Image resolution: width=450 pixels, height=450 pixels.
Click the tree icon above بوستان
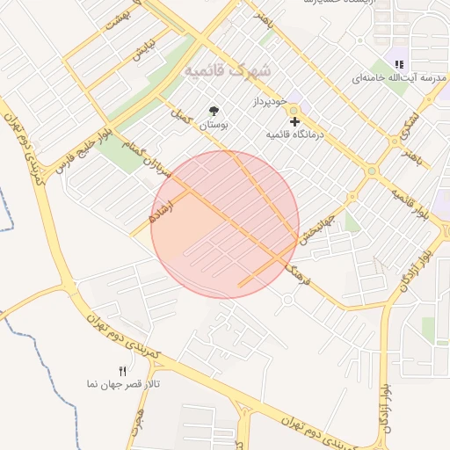(213, 111)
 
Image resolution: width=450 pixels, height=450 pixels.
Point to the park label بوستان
(213, 126)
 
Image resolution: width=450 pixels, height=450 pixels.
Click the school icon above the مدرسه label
(399, 63)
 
